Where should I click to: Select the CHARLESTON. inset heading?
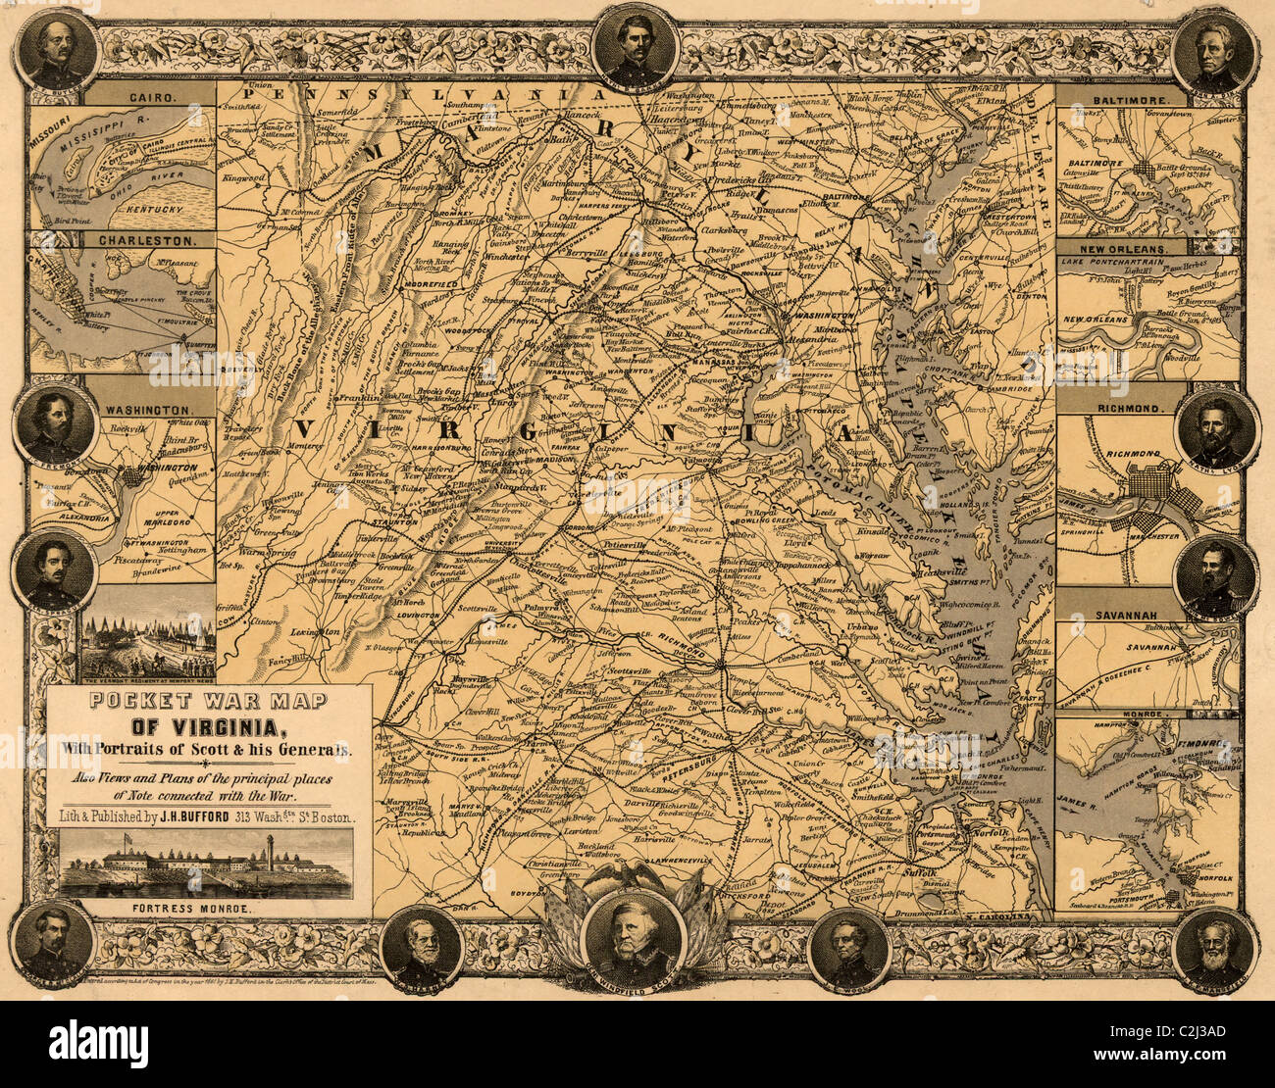pos(151,238)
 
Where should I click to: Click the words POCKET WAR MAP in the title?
pos(209,700)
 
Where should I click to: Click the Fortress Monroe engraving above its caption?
pos(206,865)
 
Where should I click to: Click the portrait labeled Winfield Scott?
pos(633,935)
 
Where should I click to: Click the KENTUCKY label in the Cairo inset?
pos(150,210)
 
